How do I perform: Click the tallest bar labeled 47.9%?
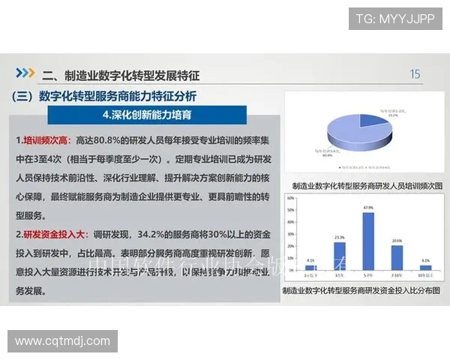[x=368, y=241]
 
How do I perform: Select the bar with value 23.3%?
[x=340, y=256]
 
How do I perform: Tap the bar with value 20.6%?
[x=397, y=257]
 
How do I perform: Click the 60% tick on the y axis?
[x=291, y=199]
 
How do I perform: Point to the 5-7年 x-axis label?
[x=368, y=276]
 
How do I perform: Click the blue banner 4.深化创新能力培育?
[x=146, y=115]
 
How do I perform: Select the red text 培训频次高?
[x=46, y=140]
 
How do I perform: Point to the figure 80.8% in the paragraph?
[x=116, y=140]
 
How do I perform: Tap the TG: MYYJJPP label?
[x=394, y=19]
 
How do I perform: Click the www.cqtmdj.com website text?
[x=62, y=341]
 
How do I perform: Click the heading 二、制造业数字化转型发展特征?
[x=121, y=75]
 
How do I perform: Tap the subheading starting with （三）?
[x=105, y=96]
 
